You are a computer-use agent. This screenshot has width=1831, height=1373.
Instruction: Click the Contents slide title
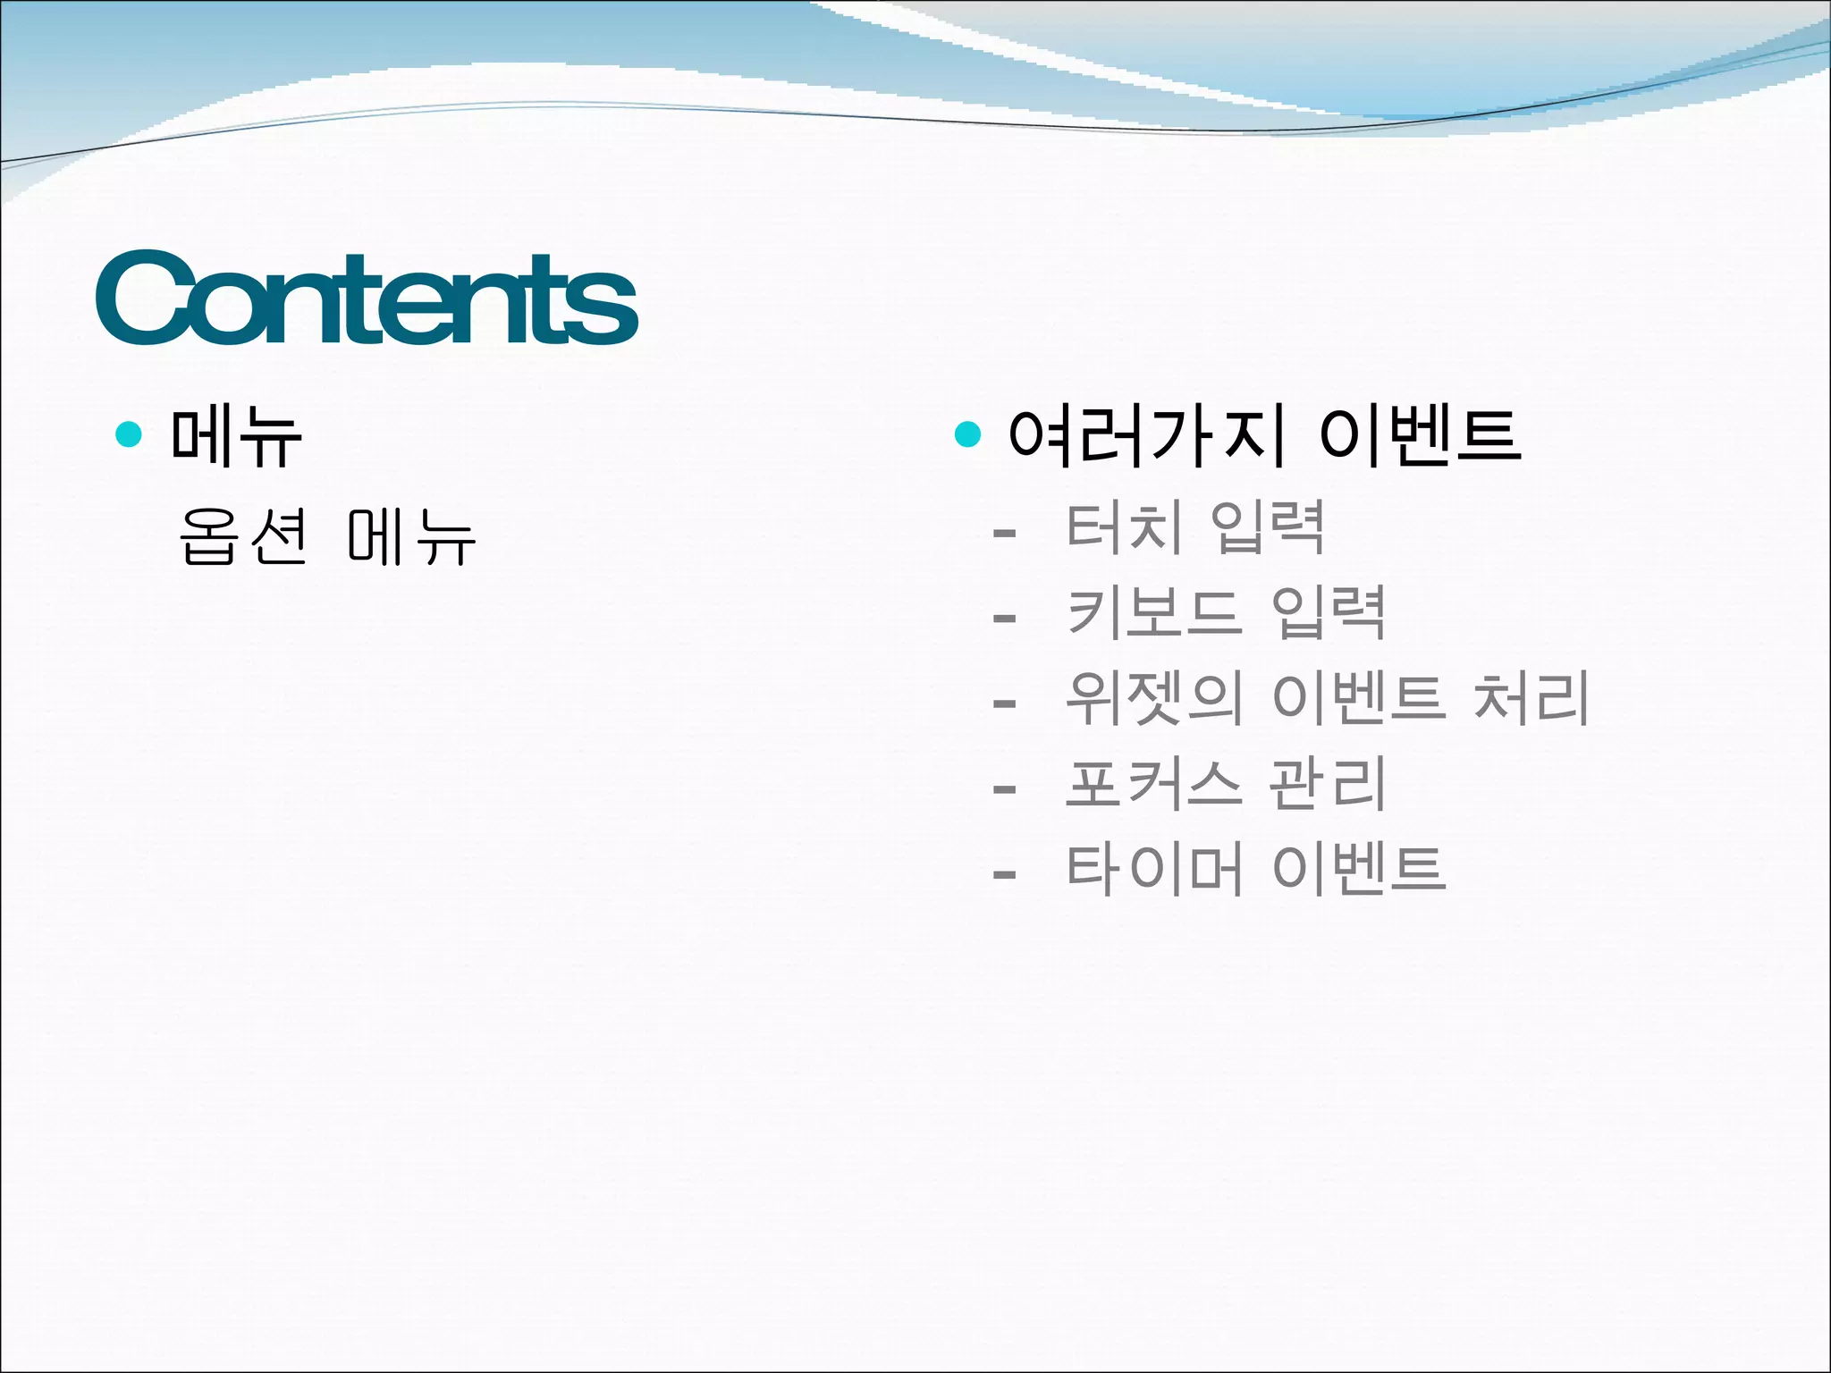[367, 299]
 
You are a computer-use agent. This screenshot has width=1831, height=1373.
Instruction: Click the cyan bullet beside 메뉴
[130, 434]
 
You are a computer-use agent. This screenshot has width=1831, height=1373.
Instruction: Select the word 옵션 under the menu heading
[243, 536]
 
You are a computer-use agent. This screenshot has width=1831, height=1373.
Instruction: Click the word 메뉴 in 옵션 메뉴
[410, 536]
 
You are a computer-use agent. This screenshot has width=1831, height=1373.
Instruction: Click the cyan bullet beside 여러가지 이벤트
[967, 434]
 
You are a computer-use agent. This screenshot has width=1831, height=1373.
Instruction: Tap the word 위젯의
[1153, 698]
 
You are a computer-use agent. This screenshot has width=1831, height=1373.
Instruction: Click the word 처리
[1531, 698]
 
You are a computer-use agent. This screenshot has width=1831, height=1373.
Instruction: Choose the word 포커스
[1153, 784]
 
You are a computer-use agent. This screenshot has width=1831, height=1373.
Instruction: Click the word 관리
[1328, 784]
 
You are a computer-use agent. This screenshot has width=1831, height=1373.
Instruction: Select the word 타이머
[1153, 870]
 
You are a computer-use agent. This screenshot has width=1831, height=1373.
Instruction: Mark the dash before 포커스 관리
[1004, 789]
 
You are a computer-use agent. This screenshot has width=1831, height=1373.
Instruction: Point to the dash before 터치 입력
[1004, 534]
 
